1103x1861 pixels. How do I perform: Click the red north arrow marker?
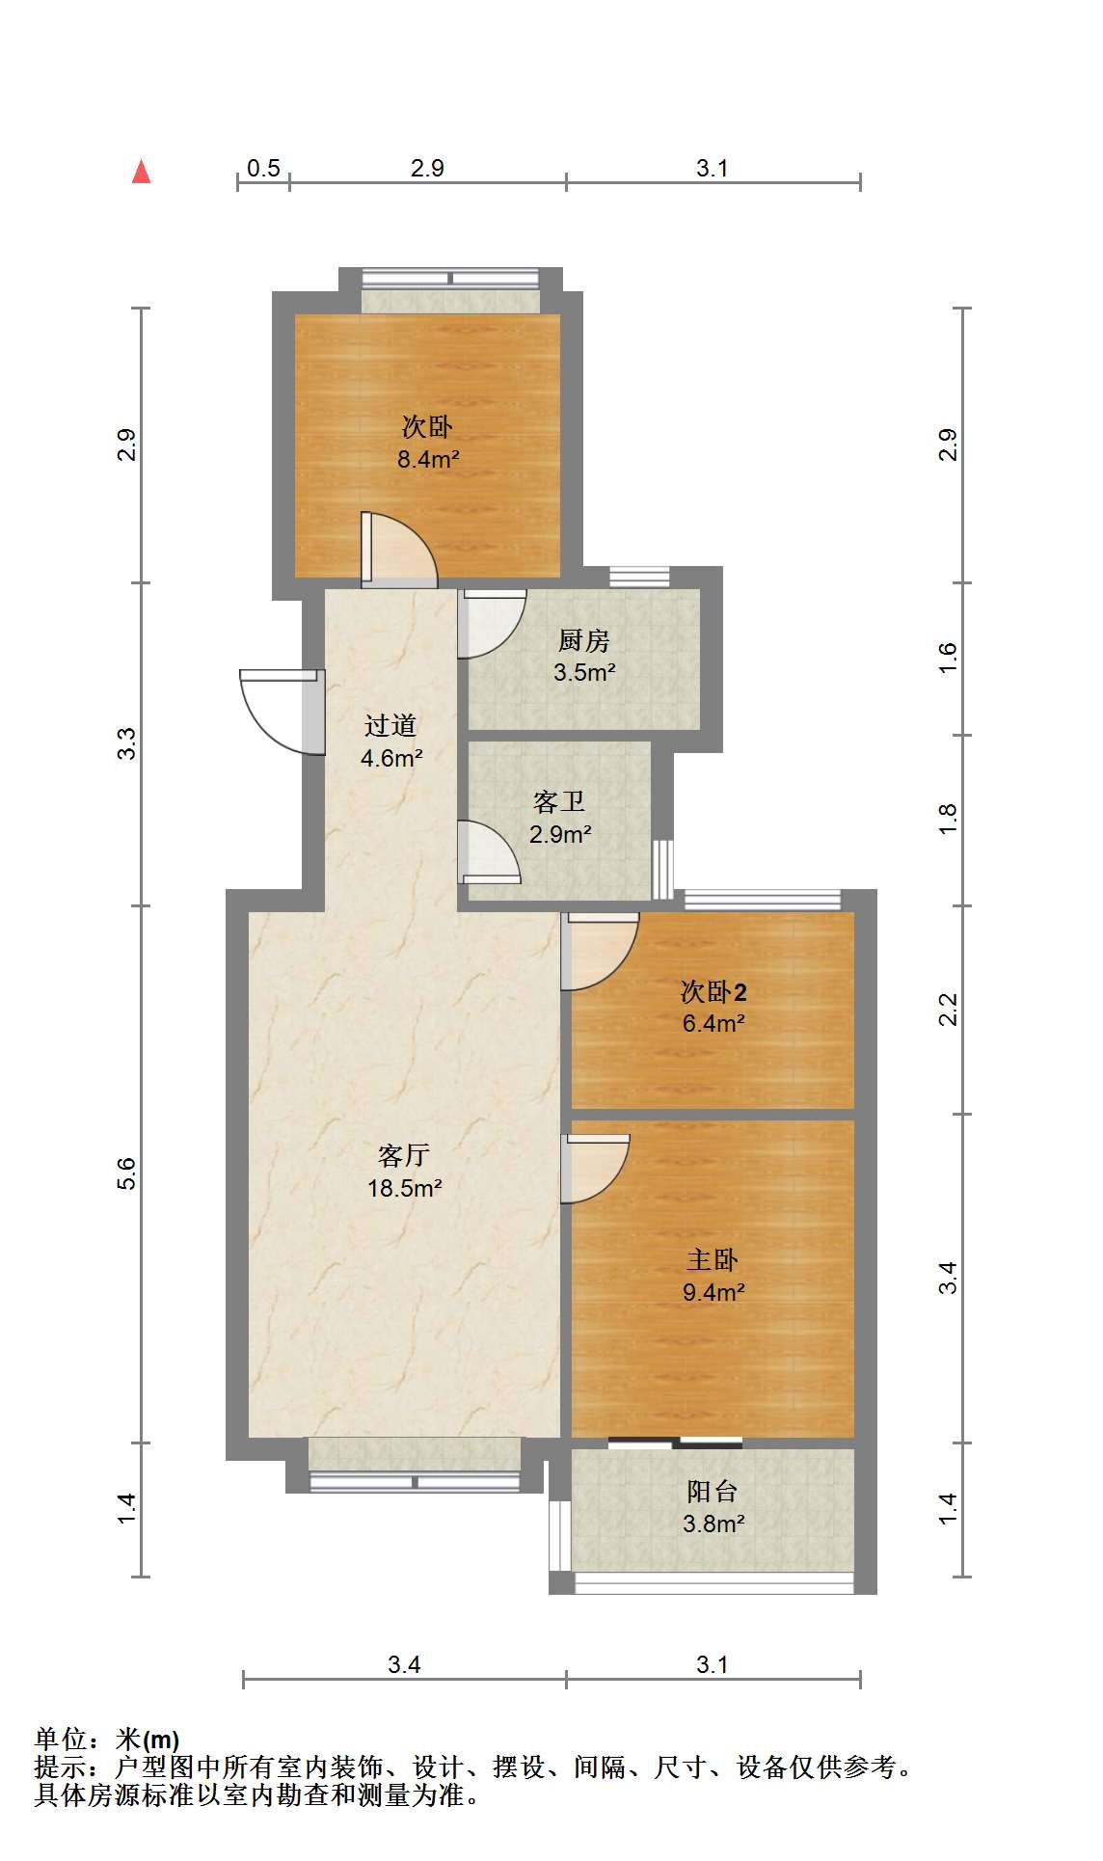click(x=142, y=172)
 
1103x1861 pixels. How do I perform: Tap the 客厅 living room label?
click(x=404, y=1155)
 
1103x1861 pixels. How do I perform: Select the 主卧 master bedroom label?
click(x=713, y=1259)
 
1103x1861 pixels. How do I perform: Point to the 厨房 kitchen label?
click(x=584, y=640)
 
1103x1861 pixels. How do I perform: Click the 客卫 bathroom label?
click(x=559, y=801)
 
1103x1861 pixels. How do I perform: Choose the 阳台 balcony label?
click(x=713, y=1492)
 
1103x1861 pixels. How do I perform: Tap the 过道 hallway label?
click(x=390, y=725)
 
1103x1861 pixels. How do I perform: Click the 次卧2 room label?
click(x=713, y=991)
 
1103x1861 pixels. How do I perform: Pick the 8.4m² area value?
click(x=428, y=459)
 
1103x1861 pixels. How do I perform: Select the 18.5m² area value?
click(x=404, y=1188)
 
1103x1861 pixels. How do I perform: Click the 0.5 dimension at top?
click(x=263, y=168)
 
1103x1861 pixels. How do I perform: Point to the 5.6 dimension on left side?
click(x=126, y=1173)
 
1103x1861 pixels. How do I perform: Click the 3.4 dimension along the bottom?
click(x=404, y=1664)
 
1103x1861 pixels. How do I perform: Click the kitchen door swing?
click(x=492, y=623)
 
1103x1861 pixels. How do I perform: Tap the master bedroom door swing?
click(x=595, y=1169)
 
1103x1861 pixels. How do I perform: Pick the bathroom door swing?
click(x=489, y=851)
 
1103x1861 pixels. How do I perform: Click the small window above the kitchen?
click(x=639, y=577)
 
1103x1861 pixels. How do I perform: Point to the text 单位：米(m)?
click(x=107, y=1740)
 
